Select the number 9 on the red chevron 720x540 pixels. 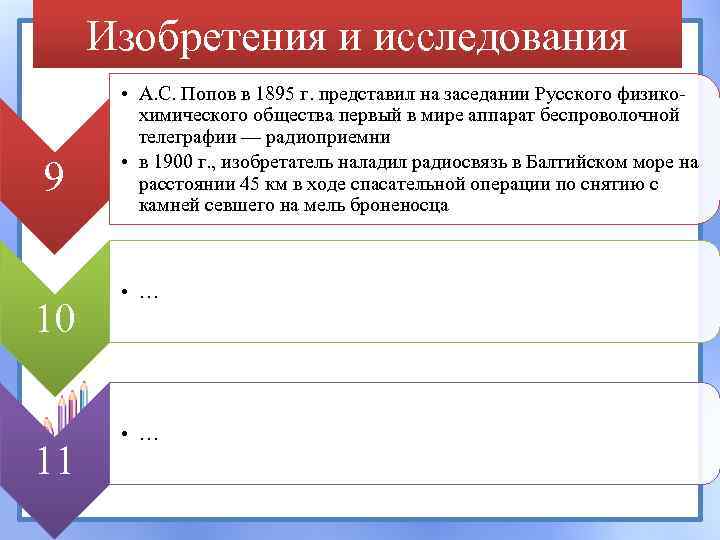(54, 178)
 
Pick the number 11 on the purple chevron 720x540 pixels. (54, 461)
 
